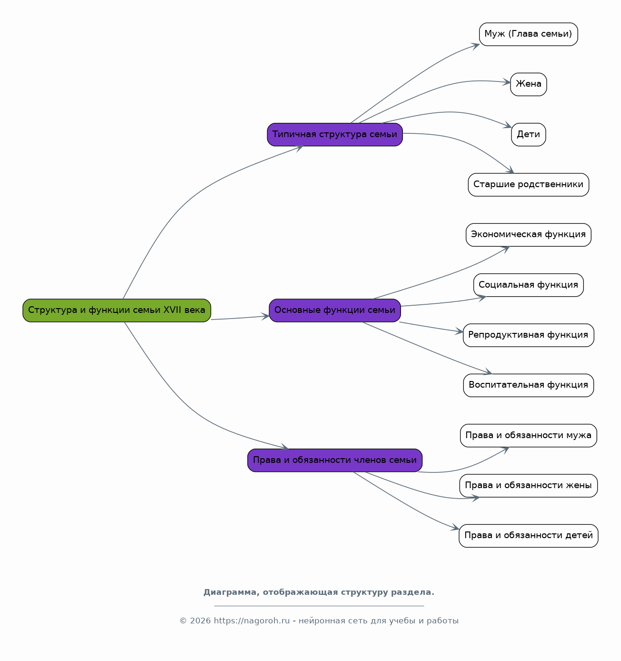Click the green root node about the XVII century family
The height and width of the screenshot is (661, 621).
(x=117, y=310)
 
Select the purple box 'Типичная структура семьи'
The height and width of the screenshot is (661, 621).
(x=335, y=134)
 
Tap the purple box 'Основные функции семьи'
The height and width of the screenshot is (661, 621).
(x=335, y=310)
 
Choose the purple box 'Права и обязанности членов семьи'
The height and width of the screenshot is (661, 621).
(x=335, y=461)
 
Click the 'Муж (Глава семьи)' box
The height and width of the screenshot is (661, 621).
(x=529, y=34)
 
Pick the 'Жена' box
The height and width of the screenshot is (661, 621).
(x=529, y=84)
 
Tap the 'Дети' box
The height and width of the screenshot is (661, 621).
(x=529, y=134)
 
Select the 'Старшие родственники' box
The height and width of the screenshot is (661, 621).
(x=529, y=185)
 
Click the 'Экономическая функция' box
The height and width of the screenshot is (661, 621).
(x=529, y=235)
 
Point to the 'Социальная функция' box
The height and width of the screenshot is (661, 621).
(x=529, y=285)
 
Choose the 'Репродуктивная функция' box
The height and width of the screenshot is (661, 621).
(x=529, y=335)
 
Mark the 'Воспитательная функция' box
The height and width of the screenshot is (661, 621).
(x=529, y=385)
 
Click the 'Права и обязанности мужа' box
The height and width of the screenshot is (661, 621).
(x=529, y=436)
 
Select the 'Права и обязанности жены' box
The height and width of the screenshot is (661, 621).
(x=529, y=486)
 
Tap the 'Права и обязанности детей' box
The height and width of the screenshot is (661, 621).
(x=529, y=536)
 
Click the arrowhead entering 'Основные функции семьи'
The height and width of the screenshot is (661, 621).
(x=266, y=317)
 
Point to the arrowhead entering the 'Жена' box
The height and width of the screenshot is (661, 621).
(x=507, y=82)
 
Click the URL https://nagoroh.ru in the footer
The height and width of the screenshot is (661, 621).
(x=252, y=621)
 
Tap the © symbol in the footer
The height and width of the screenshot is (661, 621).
(x=183, y=621)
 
